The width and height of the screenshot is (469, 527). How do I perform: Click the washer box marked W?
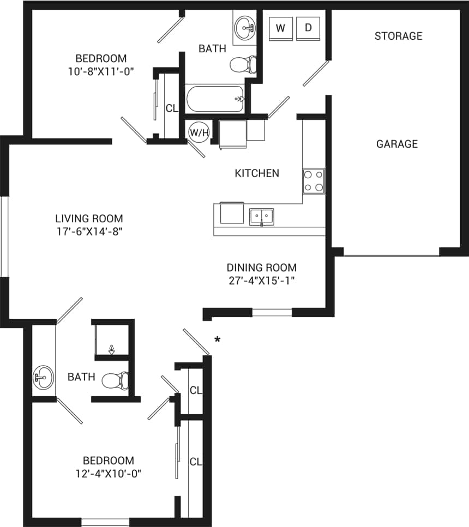tap(281, 28)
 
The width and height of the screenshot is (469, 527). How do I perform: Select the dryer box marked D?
tap(308, 28)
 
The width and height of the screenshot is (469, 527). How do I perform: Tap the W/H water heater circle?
tap(197, 132)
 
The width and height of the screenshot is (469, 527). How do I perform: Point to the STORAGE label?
tap(398, 36)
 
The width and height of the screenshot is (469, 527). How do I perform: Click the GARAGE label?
tap(397, 144)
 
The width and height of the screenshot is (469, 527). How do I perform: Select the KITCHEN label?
tap(257, 173)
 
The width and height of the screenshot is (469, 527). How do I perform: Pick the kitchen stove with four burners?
tap(314, 181)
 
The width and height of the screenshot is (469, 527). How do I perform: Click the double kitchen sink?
tap(262, 216)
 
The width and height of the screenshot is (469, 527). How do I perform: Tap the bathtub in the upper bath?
tap(215, 99)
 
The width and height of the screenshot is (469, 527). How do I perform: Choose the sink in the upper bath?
tap(245, 26)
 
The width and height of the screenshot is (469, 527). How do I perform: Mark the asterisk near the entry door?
tap(217, 340)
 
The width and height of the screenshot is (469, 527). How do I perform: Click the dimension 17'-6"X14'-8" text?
tap(89, 231)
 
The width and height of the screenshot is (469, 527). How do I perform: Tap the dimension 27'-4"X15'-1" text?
tap(262, 281)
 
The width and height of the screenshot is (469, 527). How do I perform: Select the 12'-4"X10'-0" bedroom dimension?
tap(108, 473)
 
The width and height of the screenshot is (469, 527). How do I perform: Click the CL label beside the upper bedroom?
tap(172, 108)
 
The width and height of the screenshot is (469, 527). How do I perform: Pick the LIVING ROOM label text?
tap(89, 219)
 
